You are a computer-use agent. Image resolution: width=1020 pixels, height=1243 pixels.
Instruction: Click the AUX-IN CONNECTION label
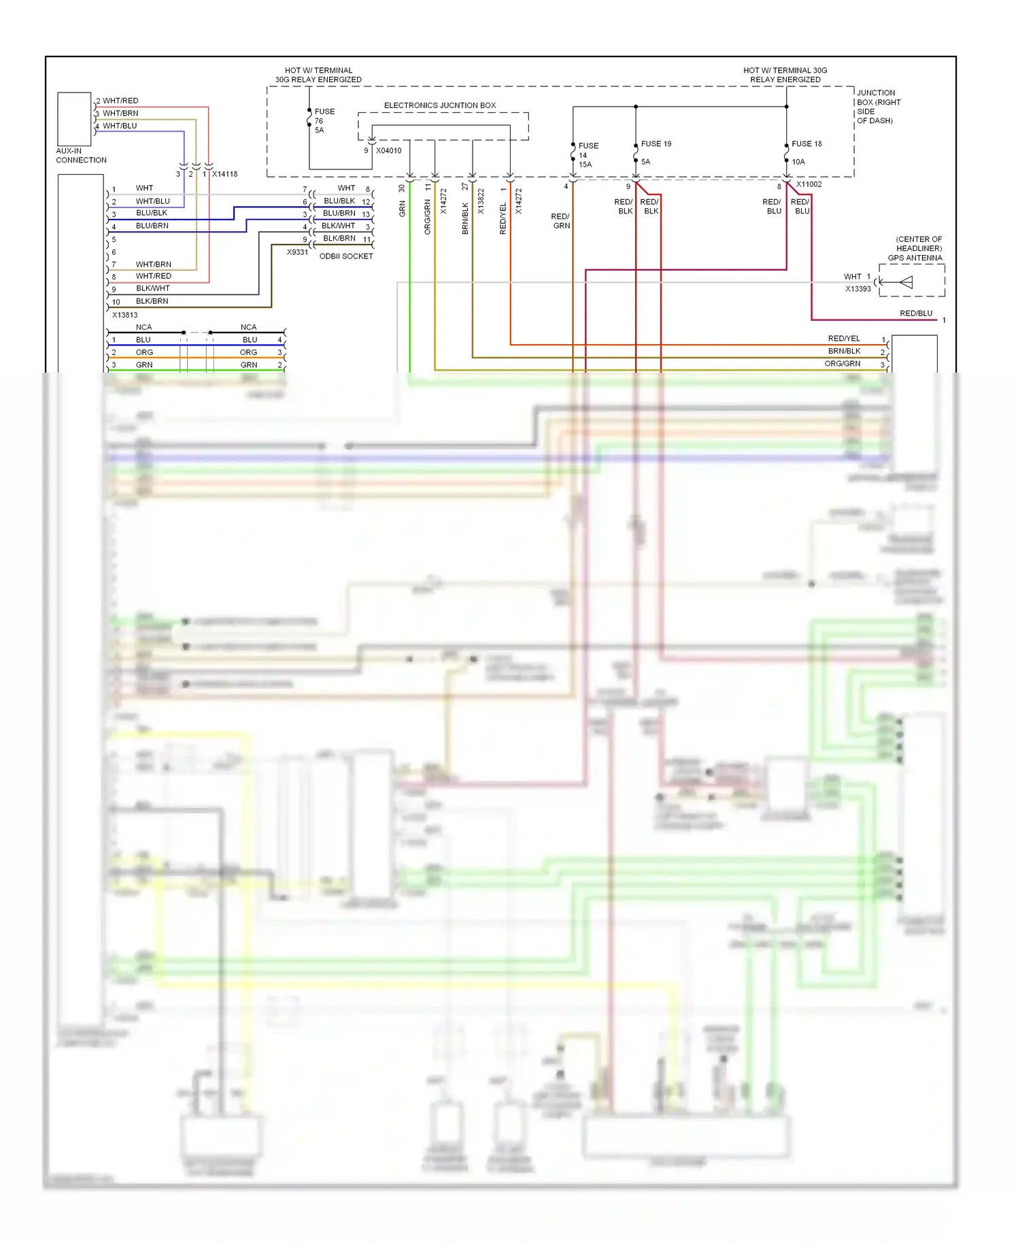point(81,156)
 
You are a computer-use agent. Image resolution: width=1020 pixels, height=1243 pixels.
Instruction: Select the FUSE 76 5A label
point(324,120)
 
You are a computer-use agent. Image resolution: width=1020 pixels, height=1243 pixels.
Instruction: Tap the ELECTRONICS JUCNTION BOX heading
point(439,105)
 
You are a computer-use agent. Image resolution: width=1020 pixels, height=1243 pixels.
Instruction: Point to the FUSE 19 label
point(656,144)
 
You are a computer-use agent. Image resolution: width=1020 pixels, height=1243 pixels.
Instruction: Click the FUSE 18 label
point(806,144)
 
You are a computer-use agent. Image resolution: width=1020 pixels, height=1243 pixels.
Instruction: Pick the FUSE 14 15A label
point(588,155)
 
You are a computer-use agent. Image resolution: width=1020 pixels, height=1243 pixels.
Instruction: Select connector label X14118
point(225,174)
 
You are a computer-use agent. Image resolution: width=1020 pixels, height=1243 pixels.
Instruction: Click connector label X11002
point(809,184)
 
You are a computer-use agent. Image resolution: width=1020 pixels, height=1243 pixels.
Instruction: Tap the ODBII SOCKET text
point(346,256)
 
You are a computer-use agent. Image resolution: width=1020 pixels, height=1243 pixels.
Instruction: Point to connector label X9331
point(297,252)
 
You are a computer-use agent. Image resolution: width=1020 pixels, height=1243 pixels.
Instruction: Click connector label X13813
point(124,315)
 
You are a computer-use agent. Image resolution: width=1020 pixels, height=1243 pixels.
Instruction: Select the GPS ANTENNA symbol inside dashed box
point(906,282)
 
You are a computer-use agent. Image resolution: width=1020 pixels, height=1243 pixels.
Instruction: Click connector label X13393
point(857,289)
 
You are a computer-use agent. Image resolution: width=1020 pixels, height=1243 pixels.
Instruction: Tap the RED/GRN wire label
point(561,221)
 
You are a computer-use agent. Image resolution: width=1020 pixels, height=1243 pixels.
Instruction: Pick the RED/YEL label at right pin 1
point(844,339)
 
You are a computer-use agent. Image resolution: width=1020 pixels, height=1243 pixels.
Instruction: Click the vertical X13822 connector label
point(481,202)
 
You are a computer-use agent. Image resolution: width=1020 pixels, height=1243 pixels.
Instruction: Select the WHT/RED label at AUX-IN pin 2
point(120,101)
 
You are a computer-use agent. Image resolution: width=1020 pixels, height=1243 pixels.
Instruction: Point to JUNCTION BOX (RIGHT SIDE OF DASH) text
point(878,107)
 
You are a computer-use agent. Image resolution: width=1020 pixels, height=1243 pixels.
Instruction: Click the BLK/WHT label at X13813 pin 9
point(152,288)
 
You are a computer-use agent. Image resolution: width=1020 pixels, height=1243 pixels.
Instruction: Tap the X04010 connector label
point(389,151)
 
